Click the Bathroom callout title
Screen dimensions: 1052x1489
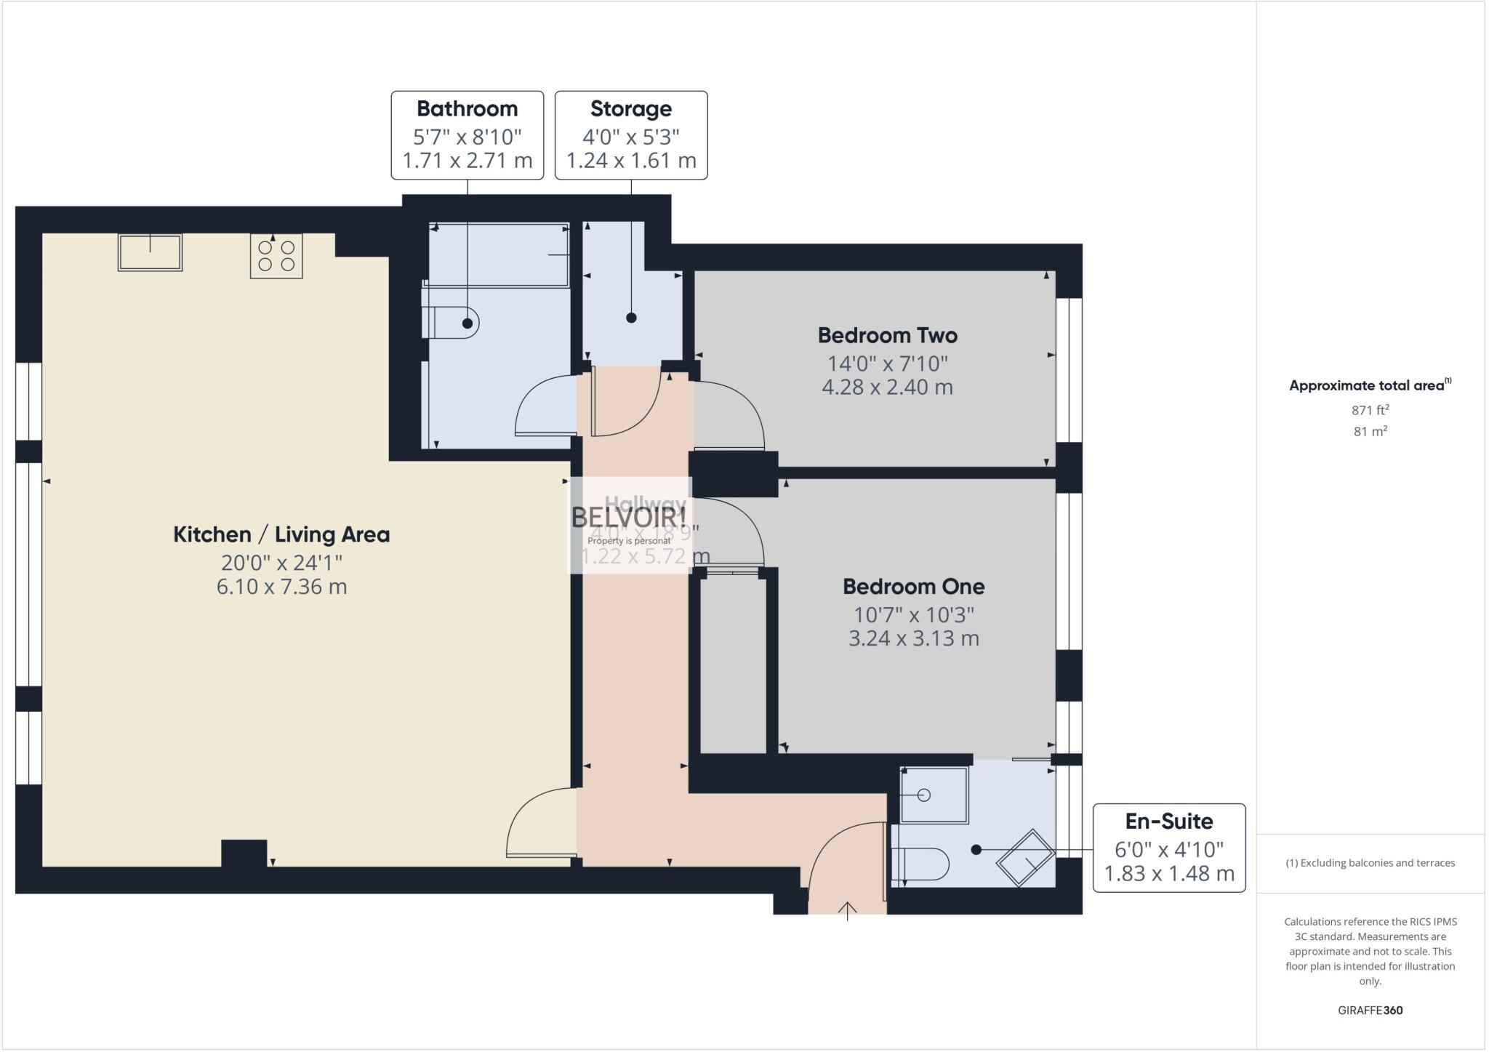[x=467, y=109]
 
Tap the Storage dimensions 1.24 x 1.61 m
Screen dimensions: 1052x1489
[x=631, y=161]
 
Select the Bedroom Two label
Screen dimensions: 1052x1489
[x=887, y=335]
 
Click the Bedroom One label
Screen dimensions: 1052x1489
[x=913, y=586]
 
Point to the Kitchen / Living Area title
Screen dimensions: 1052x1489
[x=281, y=534]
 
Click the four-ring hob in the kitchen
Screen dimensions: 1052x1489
[x=276, y=256]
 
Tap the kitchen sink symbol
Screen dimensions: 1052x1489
[x=150, y=252]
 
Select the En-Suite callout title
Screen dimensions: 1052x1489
[x=1168, y=822]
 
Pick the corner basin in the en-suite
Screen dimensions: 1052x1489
[x=1025, y=857]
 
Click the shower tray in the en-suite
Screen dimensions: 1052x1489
[x=934, y=795]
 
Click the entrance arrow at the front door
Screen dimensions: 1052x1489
[x=847, y=910]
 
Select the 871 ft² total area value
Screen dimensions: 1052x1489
[x=1370, y=410]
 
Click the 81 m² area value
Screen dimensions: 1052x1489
[x=1370, y=431]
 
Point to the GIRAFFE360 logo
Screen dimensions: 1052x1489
[x=1370, y=1010]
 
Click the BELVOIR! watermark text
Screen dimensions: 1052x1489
[x=629, y=517]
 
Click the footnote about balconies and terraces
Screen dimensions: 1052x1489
[x=1370, y=863]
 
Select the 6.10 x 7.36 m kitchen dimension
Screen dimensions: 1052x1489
[x=281, y=587]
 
